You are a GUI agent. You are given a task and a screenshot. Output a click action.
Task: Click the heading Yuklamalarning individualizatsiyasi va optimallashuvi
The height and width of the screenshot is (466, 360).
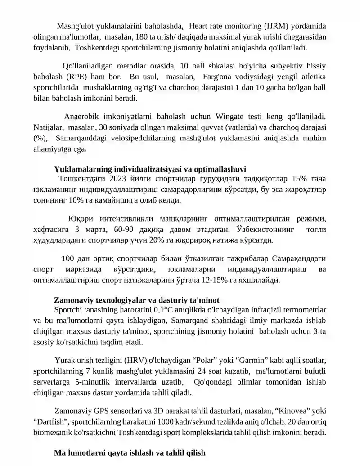(150, 169)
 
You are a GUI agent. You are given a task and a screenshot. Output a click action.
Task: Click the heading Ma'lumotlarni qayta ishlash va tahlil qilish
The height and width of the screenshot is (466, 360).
(130, 452)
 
